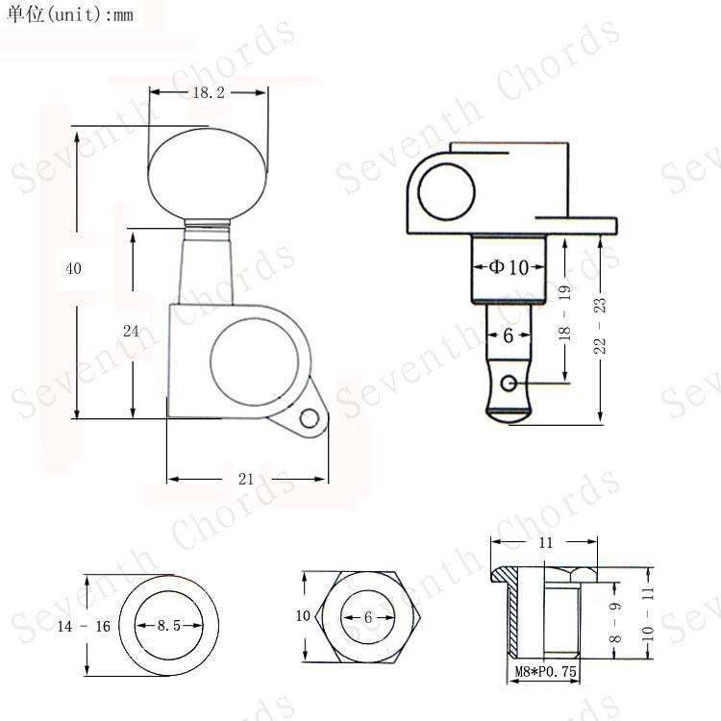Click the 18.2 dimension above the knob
pyautogui.click(x=209, y=92)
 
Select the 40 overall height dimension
pyautogui.click(x=74, y=268)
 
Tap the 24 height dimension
pyautogui.click(x=131, y=331)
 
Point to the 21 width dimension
pyautogui.click(x=246, y=479)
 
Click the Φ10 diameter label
pyautogui.click(x=509, y=266)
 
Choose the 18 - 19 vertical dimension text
pyautogui.click(x=564, y=312)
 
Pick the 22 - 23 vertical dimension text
pyautogui.click(x=600, y=326)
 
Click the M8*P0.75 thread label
pyautogui.click(x=545, y=671)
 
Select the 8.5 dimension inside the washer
pyautogui.click(x=169, y=626)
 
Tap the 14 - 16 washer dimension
pyautogui.click(x=84, y=626)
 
